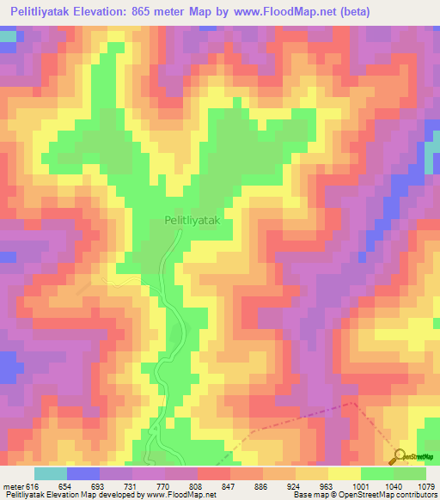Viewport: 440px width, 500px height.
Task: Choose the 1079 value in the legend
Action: tap(425, 485)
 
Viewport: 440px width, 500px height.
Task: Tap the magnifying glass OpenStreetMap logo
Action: tap(400, 455)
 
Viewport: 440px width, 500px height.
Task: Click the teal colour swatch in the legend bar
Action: tap(51, 473)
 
